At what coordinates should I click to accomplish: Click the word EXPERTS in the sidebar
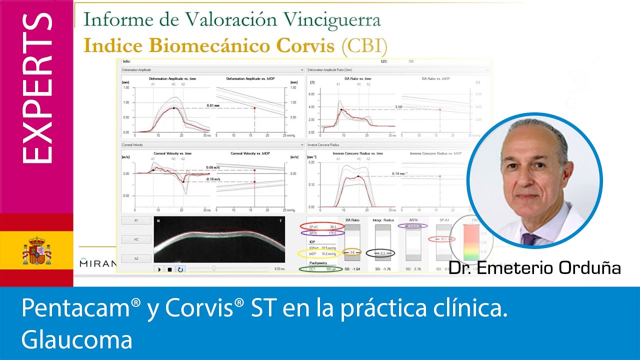coord(37,88)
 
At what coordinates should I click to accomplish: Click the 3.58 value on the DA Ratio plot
coord(398,107)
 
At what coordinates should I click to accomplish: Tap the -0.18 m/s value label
coord(213,178)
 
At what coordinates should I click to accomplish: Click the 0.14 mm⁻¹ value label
coord(399,173)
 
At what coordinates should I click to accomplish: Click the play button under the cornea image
coord(160,269)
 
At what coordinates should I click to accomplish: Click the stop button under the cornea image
coord(170,269)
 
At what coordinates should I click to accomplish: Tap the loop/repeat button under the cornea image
coord(180,269)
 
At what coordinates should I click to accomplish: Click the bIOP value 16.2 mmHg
coord(327,254)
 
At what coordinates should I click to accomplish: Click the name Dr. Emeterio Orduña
coord(534,268)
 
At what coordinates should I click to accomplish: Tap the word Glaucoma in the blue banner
coord(77,340)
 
